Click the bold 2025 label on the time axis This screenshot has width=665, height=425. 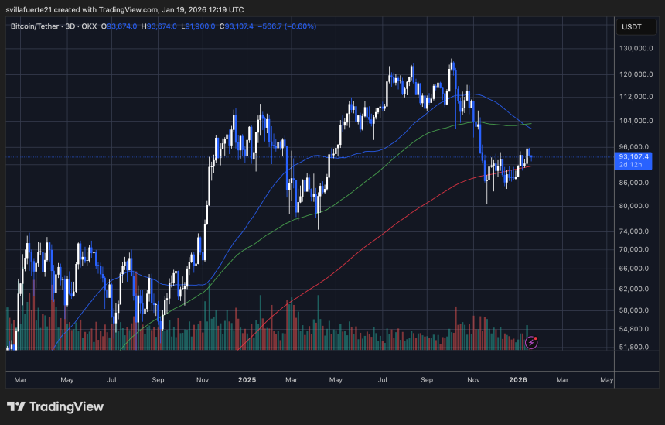pos(247,380)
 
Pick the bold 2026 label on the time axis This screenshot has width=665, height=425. pos(518,380)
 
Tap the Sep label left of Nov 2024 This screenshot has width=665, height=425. pos(159,380)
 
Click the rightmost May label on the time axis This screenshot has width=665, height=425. pos(607,380)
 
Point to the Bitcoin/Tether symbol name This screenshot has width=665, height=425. pos(39,26)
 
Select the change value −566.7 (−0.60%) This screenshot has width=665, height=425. pos(288,26)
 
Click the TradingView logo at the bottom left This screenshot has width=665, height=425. pos(55,406)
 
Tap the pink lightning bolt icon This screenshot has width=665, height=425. pos(532,341)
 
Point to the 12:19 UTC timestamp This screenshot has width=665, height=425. pos(227,9)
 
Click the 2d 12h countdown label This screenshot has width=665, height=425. pos(630,165)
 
